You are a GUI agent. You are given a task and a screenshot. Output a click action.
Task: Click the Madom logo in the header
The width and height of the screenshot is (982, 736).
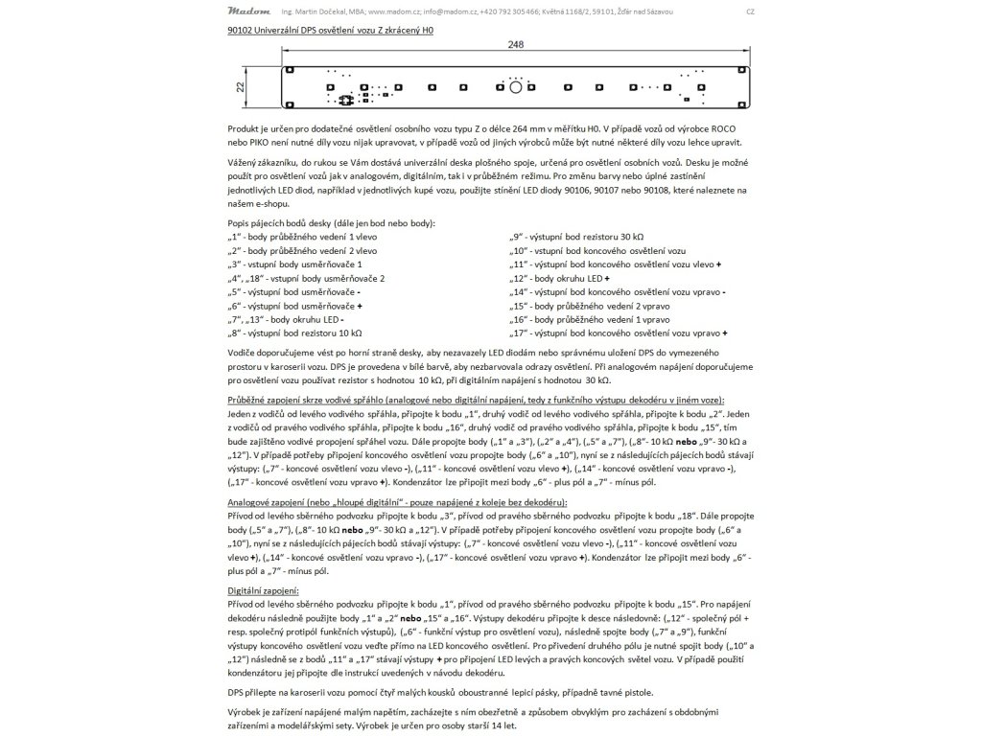(248, 11)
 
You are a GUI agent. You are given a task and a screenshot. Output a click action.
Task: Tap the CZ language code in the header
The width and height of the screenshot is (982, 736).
(750, 11)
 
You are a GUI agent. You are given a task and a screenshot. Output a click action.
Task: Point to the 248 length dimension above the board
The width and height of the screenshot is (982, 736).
(517, 45)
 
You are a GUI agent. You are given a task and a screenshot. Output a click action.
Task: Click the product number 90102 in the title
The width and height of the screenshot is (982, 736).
(242, 31)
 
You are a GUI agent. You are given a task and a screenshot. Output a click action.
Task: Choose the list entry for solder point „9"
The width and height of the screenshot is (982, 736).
(577, 236)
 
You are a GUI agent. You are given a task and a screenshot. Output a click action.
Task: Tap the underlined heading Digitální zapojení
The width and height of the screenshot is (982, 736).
(264, 592)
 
